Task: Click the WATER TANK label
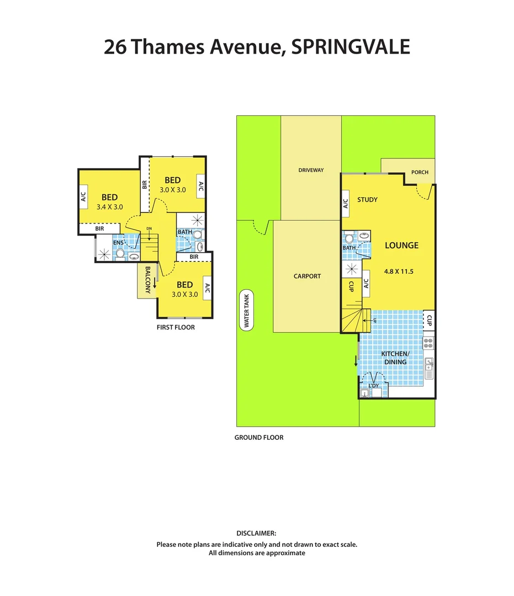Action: [x=246, y=310]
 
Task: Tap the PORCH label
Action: [x=420, y=172]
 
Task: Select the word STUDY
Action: [x=367, y=200]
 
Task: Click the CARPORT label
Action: [x=307, y=276]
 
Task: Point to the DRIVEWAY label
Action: [x=311, y=170]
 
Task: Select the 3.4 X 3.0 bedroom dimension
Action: [x=109, y=207]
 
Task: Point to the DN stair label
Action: [x=149, y=228]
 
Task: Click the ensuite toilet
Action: [x=120, y=253]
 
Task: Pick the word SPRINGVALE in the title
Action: [x=351, y=47]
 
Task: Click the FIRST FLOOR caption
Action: [x=176, y=327]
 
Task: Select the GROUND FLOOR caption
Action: [x=259, y=438]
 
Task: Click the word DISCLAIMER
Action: [x=256, y=533]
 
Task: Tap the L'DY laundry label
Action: [x=374, y=385]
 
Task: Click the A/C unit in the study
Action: [x=346, y=204]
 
